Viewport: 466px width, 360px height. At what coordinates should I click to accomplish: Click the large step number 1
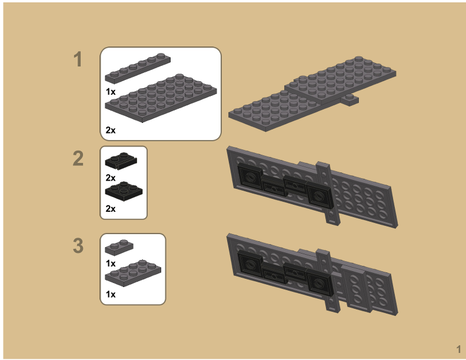(x=78, y=59)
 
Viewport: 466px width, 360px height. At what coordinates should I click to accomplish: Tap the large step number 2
(x=78, y=158)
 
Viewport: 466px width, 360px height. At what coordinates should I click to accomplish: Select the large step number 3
(x=78, y=245)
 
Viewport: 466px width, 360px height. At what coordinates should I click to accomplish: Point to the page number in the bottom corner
(x=458, y=348)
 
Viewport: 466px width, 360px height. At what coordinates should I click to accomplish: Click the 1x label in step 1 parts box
(x=111, y=91)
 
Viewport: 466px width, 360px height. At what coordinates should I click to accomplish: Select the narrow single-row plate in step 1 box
(x=138, y=68)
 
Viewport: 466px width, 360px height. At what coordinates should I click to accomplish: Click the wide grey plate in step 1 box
(x=160, y=97)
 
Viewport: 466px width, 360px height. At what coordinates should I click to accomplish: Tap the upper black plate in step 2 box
(x=121, y=161)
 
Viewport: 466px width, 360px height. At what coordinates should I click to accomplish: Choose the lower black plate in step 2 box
(x=124, y=191)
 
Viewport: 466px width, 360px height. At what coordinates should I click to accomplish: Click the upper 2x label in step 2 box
(x=111, y=177)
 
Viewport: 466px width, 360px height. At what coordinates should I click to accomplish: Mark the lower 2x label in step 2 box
(x=111, y=208)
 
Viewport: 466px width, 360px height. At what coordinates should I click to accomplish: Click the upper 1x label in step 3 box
(x=111, y=264)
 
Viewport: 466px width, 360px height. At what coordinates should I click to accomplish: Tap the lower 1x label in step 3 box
(x=111, y=294)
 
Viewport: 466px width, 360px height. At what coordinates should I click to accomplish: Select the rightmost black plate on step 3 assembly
(x=318, y=282)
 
